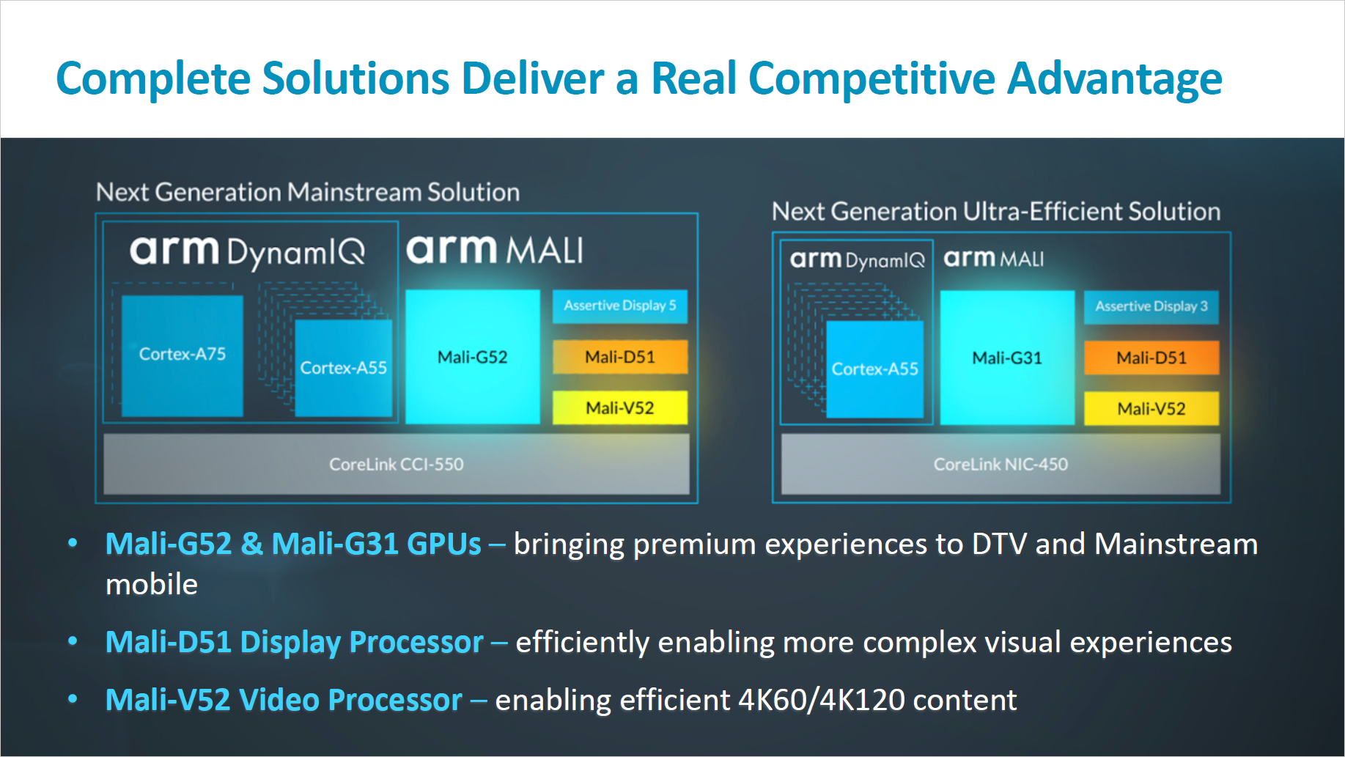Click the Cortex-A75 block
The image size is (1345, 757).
click(182, 355)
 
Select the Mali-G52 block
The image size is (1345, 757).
click(473, 357)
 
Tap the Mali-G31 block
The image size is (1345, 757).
click(1007, 358)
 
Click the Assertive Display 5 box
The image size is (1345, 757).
click(619, 306)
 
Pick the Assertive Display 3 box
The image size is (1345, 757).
click(1151, 306)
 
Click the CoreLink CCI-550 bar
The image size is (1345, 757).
click(396, 464)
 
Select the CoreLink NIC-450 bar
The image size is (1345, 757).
click(1001, 464)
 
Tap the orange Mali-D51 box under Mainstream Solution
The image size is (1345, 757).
click(620, 357)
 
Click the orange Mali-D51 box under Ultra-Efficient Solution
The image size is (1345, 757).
click(1151, 358)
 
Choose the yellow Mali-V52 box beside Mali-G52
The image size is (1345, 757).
click(620, 407)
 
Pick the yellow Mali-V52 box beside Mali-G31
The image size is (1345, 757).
click(1151, 408)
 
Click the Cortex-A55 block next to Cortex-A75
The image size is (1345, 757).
click(343, 368)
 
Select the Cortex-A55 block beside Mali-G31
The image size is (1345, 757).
click(874, 369)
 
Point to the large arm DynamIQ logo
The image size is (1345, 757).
click(247, 251)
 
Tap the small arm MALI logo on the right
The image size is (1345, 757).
click(993, 259)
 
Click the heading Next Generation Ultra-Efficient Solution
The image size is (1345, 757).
click(996, 211)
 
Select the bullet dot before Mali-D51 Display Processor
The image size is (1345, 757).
click(73, 641)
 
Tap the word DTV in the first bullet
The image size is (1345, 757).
click(999, 544)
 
